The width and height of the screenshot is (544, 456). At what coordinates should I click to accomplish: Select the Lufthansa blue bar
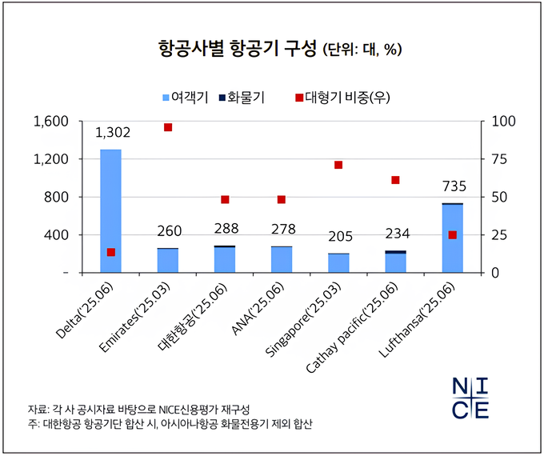(452, 239)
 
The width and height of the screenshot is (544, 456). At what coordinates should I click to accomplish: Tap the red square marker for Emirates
(168, 127)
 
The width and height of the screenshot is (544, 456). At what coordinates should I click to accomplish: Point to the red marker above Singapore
(338, 165)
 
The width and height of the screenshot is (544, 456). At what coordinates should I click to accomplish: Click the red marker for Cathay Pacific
(395, 180)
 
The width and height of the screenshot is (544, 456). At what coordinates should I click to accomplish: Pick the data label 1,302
(112, 133)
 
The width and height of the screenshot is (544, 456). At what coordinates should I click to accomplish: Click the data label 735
(453, 187)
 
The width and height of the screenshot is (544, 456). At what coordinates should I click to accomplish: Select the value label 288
(226, 229)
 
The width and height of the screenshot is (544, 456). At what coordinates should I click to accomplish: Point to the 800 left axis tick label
(58, 197)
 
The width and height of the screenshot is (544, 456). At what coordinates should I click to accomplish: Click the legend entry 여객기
(186, 98)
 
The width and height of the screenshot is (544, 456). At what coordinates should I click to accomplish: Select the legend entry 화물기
(243, 98)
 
